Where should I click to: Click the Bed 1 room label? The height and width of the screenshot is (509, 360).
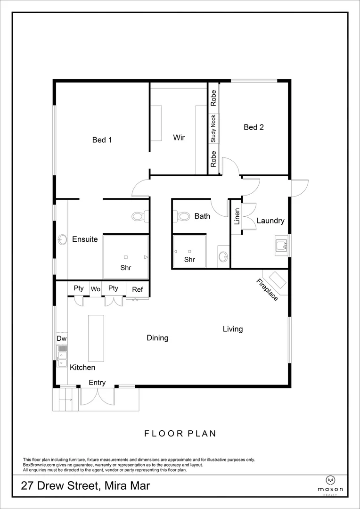(x=102, y=140)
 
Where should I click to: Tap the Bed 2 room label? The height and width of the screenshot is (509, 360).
(x=254, y=127)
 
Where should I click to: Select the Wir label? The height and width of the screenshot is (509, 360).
(x=179, y=138)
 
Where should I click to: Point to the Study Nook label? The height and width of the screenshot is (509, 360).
(x=213, y=129)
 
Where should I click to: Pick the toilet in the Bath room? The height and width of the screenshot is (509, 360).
(x=179, y=216)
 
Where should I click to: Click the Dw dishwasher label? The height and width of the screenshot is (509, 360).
(x=61, y=338)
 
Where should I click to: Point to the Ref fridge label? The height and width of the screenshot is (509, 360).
(x=137, y=289)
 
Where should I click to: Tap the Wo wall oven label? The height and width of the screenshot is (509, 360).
(x=96, y=289)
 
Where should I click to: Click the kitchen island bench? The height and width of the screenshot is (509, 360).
(x=96, y=338)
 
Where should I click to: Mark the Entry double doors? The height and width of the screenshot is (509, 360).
(x=97, y=396)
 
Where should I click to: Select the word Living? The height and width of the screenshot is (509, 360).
(x=233, y=329)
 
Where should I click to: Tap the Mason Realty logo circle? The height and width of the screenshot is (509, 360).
(x=330, y=480)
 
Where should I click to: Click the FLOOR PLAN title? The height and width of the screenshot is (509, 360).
(x=180, y=434)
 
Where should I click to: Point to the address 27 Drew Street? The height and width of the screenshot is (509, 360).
(x=85, y=486)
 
